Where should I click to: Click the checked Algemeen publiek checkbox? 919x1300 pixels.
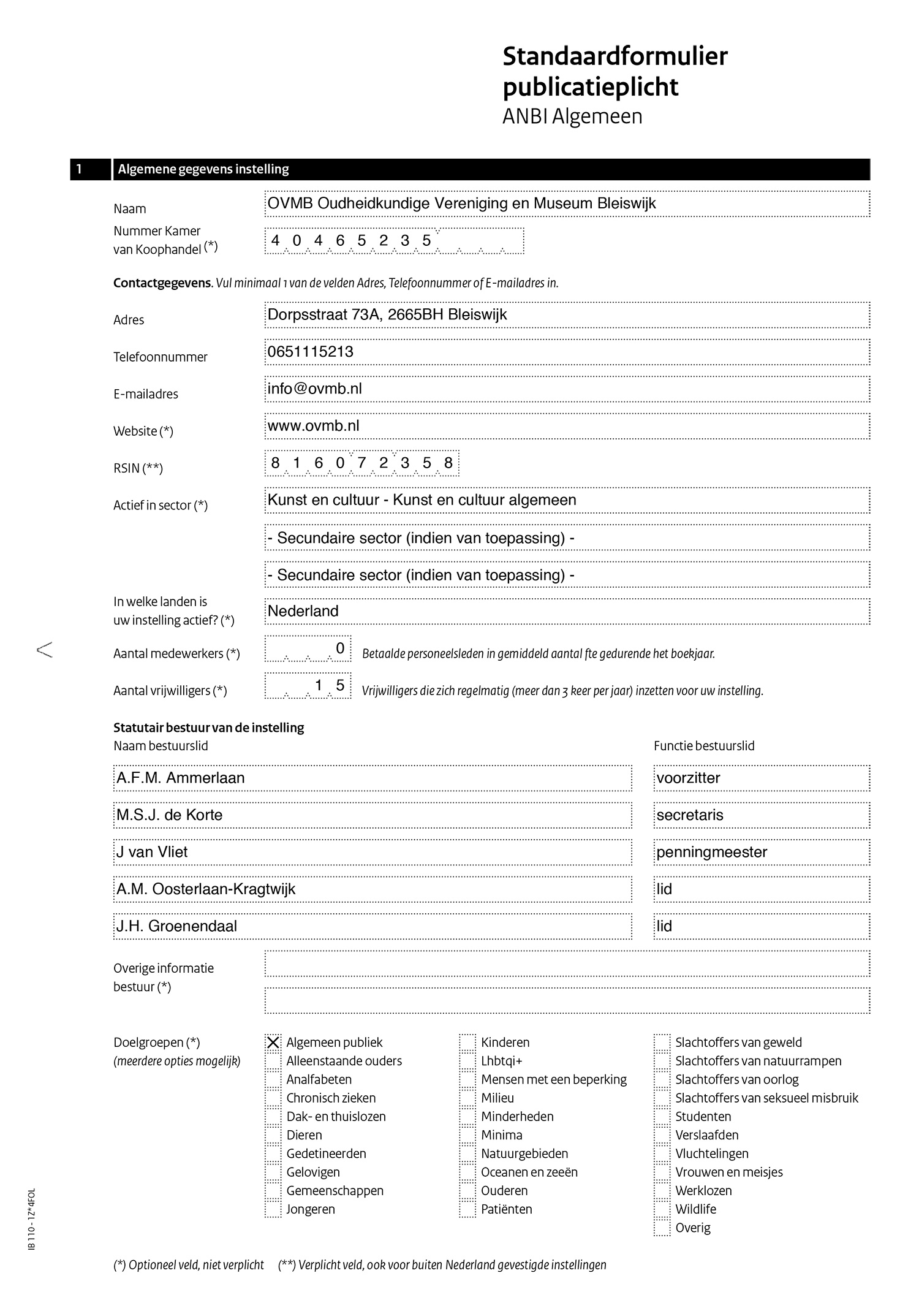coord(273,1042)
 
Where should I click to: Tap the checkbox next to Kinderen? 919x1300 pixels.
coord(467,1042)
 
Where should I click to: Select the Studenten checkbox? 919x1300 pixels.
coord(662,1116)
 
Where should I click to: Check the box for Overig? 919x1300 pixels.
coord(662,1228)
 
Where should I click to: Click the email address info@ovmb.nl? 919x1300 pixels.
coord(315,389)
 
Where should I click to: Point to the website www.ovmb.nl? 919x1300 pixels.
coord(314,426)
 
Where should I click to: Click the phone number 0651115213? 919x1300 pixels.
coord(311,352)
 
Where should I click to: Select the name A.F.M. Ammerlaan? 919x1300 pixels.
coord(181,778)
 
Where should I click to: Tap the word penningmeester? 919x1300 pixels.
coord(712,852)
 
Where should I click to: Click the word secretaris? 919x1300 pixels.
coord(690,815)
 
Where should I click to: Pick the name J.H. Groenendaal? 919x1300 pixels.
coord(177,926)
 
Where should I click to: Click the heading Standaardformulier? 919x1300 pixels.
coord(615,56)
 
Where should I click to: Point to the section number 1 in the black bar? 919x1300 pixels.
coord(80,169)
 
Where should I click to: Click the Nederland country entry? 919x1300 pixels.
coord(303,611)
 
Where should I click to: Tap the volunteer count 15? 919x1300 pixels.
coord(329,685)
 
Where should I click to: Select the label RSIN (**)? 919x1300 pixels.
coord(138,469)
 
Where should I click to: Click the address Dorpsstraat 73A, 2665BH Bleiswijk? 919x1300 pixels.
coord(387,315)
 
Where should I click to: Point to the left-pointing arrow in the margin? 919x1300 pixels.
coord(45,650)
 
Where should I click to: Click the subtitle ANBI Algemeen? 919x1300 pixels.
coord(572,116)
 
